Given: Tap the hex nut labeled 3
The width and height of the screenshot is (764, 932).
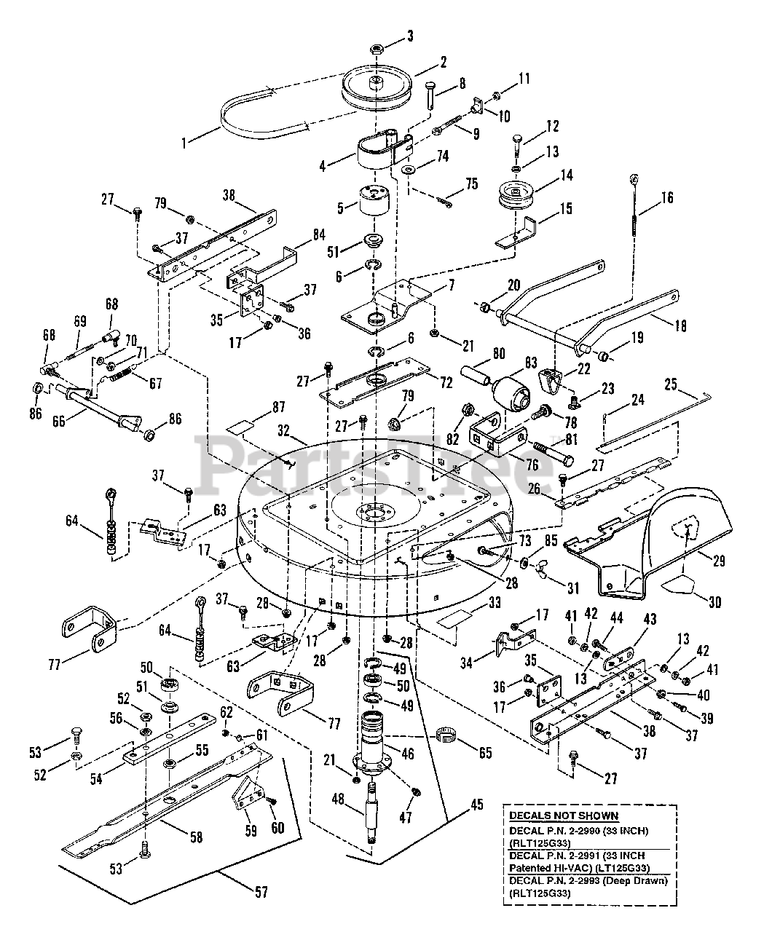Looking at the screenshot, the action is (376, 47).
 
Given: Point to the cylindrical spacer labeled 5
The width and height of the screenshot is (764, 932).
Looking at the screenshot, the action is (374, 202).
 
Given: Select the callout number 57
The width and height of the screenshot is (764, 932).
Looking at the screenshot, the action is (261, 892).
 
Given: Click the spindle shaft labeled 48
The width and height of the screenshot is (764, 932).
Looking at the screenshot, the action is (371, 815).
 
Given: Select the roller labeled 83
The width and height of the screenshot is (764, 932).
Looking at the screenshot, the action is (511, 392).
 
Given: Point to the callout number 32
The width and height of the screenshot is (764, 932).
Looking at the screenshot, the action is (283, 430).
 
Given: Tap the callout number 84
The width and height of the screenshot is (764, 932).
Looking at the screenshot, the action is (319, 234).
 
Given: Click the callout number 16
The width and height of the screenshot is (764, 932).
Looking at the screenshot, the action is (667, 197).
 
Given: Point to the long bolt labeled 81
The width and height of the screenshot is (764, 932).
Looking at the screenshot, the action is (553, 454).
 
